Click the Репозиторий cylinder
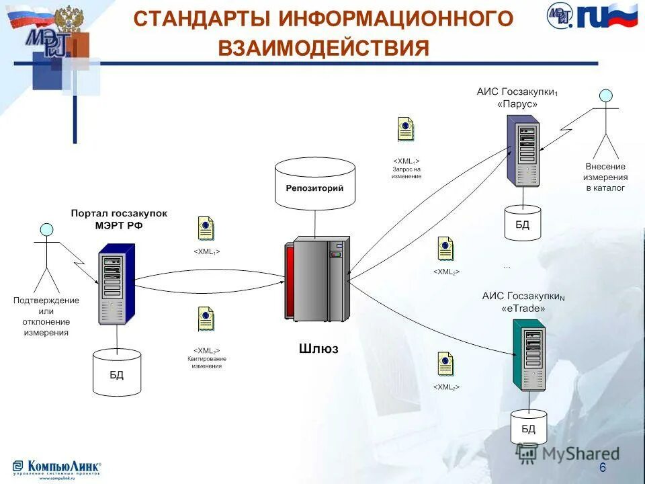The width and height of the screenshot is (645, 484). (314, 184)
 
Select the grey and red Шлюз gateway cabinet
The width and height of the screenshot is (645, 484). (316, 278)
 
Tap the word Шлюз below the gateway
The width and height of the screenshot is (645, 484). (318, 349)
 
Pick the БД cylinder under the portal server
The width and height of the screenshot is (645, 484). (117, 372)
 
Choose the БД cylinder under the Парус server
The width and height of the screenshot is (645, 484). (522, 223)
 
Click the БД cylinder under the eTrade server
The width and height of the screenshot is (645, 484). (529, 426)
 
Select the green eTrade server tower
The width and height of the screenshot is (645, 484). (529, 356)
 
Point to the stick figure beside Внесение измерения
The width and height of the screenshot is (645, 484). (606, 124)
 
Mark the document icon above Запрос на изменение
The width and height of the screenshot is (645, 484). (405, 128)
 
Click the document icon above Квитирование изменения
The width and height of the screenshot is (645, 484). (206, 319)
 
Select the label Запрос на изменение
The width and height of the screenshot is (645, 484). (406, 173)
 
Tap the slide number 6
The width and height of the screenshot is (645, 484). (602, 467)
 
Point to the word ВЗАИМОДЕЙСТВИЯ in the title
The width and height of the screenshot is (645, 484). (323, 48)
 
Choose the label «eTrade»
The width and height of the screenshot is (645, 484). (523, 309)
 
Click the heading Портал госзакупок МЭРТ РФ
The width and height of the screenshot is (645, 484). (119, 219)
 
